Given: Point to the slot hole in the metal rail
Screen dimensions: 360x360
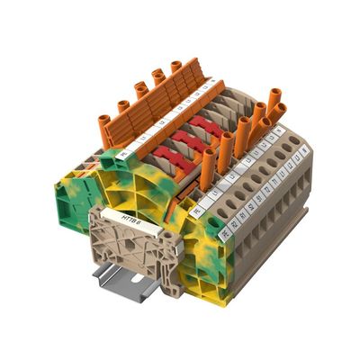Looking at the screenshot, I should pyautogui.click(x=139, y=278).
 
